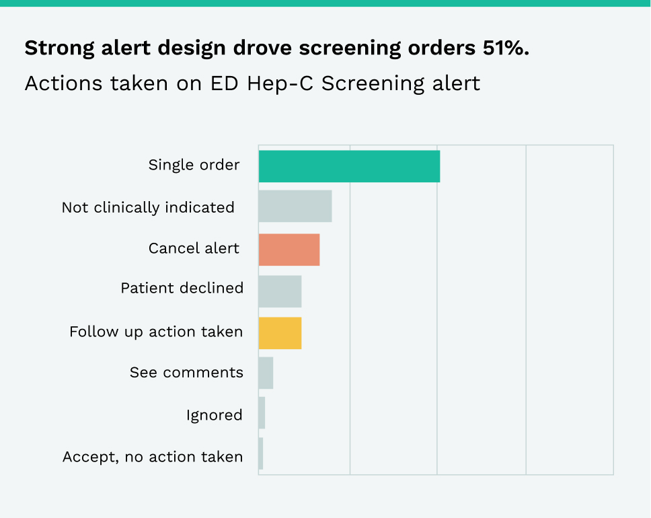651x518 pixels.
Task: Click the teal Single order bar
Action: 349,166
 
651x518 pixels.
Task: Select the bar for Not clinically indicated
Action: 295,207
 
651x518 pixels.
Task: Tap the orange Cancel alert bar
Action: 289,250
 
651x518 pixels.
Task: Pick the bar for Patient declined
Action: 280,291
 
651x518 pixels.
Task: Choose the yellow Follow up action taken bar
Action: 280,333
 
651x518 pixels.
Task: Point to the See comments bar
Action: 266,373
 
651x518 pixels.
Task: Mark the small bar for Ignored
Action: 262,413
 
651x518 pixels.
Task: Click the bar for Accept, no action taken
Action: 261,453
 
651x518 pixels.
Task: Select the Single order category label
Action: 194,165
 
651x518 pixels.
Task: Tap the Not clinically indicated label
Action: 148,207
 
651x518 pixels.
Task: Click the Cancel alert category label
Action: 194,248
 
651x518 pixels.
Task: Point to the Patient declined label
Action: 182,288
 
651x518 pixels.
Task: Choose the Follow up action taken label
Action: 156,332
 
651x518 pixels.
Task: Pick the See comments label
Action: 186,372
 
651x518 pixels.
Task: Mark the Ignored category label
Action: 214,415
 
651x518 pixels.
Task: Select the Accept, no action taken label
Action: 153,457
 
